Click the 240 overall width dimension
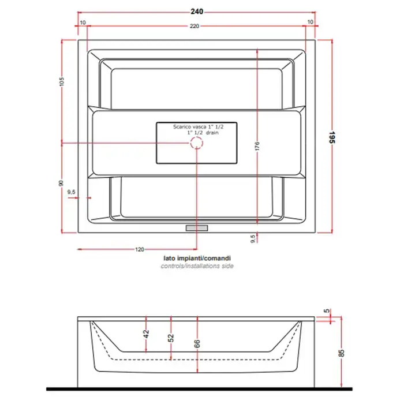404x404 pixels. [x=197, y=12]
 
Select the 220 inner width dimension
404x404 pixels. [x=194, y=26]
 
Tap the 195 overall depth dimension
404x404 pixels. [x=332, y=137]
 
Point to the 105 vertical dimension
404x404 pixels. [x=61, y=82]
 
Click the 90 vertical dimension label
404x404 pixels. [x=61, y=183]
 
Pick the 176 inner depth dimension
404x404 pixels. [x=257, y=146]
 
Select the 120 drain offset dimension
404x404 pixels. [x=140, y=249]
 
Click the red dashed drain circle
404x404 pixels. [x=197, y=143]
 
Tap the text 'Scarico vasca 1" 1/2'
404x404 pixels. [x=198, y=127]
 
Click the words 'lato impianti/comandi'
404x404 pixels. [x=197, y=258]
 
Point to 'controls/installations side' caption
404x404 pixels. [x=197, y=266]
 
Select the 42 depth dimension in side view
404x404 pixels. [x=146, y=334]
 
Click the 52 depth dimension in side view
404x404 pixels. [x=171, y=338]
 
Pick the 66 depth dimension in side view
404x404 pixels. [x=197, y=343]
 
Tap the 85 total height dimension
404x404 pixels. [x=342, y=353]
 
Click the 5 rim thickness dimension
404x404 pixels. [x=327, y=311]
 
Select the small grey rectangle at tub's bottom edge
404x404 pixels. [x=197, y=228]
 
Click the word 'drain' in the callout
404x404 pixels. [x=212, y=133]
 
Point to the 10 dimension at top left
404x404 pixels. [x=83, y=23]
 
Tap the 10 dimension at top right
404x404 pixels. [x=311, y=22]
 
